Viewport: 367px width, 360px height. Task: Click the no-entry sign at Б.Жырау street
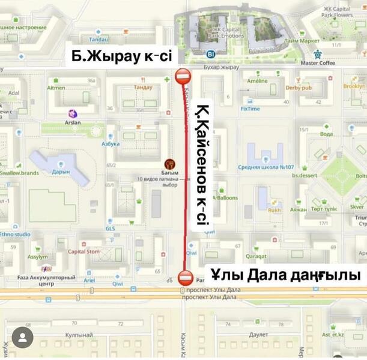click(x=183, y=76)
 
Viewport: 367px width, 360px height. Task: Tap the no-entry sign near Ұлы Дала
click(x=186, y=278)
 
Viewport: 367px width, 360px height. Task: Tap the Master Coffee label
click(x=318, y=62)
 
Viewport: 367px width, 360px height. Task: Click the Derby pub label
click(x=299, y=88)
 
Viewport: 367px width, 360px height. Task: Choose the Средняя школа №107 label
click(x=265, y=167)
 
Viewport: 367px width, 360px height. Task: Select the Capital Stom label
click(x=84, y=251)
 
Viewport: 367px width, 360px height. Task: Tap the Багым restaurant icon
click(x=169, y=163)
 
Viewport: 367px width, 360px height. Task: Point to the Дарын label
click(x=61, y=171)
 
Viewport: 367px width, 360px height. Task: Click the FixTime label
click(x=250, y=109)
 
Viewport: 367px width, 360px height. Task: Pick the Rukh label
click(x=274, y=210)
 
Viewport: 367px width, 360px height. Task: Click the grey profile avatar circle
click(x=23, y=338)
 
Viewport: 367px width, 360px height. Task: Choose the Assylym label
click(x=37, y=256)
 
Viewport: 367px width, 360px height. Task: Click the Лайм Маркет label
click(x=302, y=40)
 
